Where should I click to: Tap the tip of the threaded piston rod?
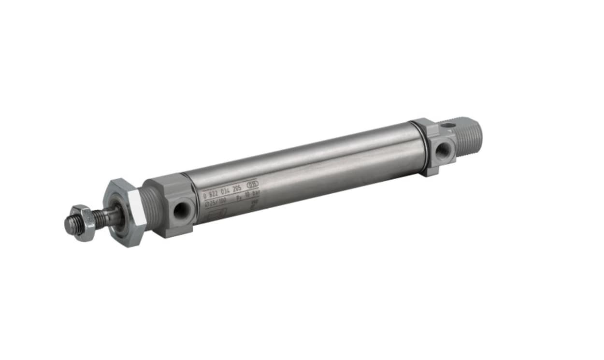69,225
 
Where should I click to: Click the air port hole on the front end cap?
182,210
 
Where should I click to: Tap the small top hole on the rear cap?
448,125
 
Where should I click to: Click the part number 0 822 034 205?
224,191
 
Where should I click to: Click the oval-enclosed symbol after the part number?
253,184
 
